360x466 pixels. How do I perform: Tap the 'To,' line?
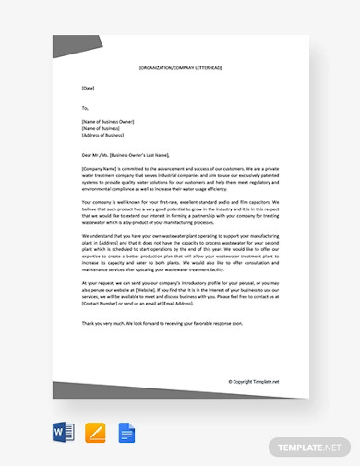86,107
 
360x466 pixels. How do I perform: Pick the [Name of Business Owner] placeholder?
108,121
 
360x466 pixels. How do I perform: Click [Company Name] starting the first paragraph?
99,169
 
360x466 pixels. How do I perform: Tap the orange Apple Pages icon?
94,432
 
